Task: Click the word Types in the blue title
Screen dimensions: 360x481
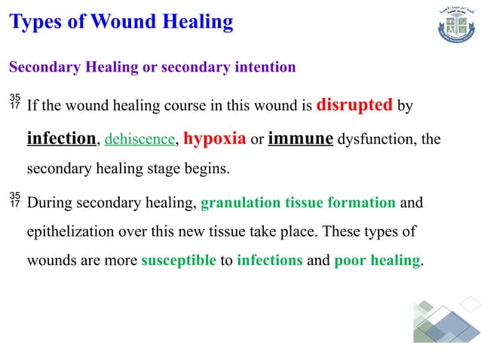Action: click(36, 22)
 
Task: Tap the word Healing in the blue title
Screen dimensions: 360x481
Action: click(197, 22)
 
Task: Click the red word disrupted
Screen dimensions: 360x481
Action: click(354, 105)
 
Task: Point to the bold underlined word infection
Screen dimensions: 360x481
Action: click(62, 139)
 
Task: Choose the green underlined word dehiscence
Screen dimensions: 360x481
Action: click(139, 140)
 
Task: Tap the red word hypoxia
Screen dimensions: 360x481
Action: click(215, 139)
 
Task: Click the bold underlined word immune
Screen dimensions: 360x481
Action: click(301, 139)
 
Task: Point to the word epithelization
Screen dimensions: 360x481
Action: click(69, 231)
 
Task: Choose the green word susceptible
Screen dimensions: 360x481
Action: click(179, 261)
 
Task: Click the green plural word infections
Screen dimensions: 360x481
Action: click(269, 261)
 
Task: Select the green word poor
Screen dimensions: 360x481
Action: click(349, 261)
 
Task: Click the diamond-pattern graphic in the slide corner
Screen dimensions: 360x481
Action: click(446, 320)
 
